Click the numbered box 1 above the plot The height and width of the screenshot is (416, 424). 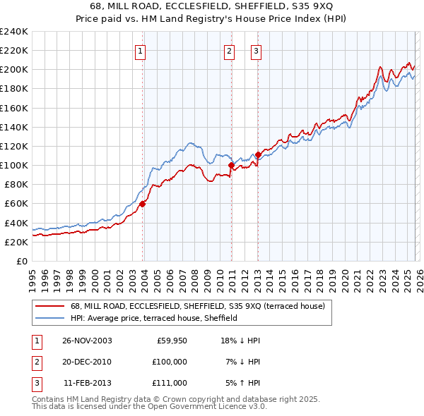pyautogui.click(x=140, y=51)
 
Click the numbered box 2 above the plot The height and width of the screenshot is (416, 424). pyautogui.click(x=230, y=51)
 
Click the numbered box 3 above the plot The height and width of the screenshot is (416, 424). pyautogui.click(x=255, y=51)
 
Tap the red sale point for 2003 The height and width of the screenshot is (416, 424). pyautogui.click(x=143, y=204)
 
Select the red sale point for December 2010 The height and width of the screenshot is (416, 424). pyautogui.click(x=231, y=165)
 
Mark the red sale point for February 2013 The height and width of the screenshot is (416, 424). pyautogui.click(x=258, y=154)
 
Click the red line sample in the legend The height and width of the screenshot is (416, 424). pyautogui.click(x=51, y=306)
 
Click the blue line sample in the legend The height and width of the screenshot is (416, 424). pyautogui.click(x=51, y=318)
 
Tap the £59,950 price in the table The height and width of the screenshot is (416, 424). pyautogui.click(x=171, y=341)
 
